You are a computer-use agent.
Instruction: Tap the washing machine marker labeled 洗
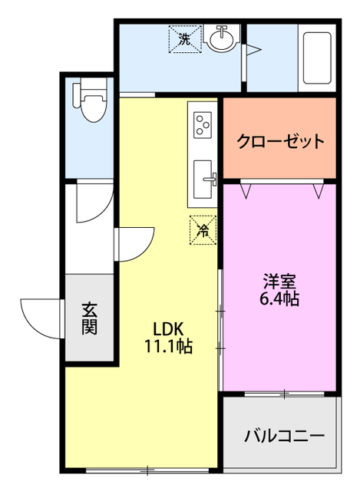click(184, 38)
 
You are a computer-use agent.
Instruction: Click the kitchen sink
click(204, 177)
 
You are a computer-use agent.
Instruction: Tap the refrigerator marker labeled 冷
click(204, 229)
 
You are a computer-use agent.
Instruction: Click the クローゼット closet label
click(280, 142)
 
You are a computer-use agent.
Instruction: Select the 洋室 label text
click(280, 282)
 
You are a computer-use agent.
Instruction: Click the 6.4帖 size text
click(280, 299)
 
